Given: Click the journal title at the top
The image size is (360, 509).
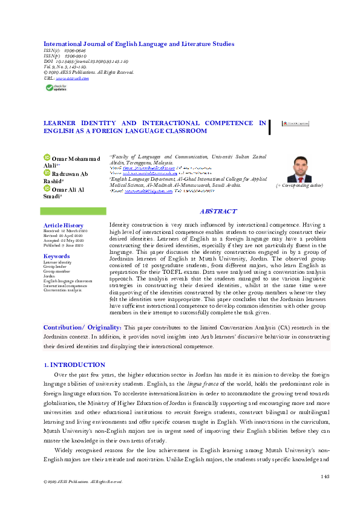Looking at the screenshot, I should [x=139, y=44].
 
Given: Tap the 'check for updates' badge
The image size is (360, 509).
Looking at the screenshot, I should [x=57, y=87].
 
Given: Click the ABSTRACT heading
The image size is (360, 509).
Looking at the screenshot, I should [x=218, y=212].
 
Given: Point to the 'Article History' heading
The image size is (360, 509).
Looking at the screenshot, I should [x=60, y=225].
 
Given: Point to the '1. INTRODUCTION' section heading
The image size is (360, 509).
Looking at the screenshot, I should [x=74, y=365].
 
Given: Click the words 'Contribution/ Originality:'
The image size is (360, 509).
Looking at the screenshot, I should [x=82, y=327].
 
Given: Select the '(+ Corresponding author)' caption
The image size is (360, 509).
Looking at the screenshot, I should [x=298, y=186].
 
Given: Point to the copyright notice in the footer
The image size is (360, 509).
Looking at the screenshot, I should [x=79, y=482].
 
